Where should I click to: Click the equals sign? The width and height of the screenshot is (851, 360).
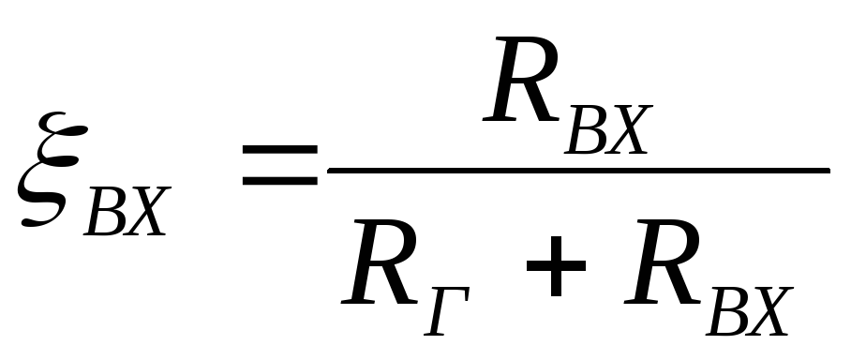click(279, 164)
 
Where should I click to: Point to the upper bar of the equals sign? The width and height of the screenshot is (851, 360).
click(279, 149)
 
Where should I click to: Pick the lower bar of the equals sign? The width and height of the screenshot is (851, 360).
click(279, 181)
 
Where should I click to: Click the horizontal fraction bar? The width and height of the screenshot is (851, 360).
click(578, 171)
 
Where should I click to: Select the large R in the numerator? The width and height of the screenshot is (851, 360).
click(521, 80)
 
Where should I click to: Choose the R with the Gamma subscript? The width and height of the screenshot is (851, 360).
click(380, 262)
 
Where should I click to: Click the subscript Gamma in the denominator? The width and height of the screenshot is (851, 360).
click(447, 311)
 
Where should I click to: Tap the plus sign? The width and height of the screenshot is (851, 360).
click(556, 266)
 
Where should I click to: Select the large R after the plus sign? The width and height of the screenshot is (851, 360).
click(662, 262)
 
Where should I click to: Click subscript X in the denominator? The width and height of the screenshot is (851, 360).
click(770, 311)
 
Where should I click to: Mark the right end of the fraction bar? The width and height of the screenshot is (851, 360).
click(829, 171)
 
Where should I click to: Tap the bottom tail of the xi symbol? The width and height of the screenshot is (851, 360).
click(33, 221)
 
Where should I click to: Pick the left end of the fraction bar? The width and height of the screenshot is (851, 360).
click(328, 171)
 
